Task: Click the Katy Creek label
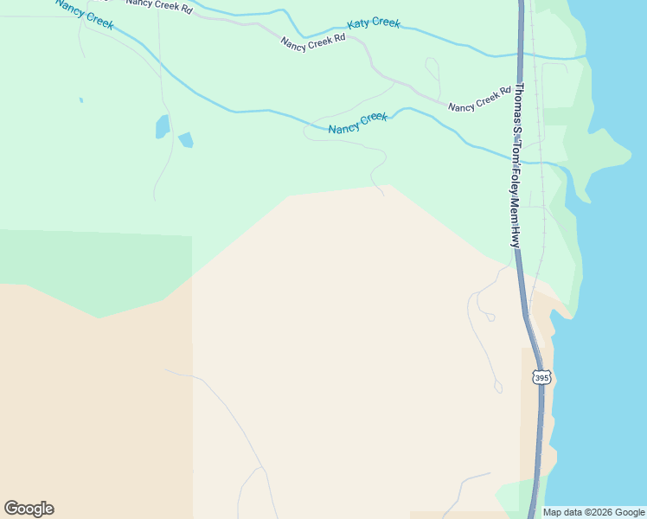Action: pos(374,23)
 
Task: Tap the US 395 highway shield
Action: pos(541,378)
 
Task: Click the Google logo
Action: pos(29,509)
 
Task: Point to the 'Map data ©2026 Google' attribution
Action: pos(593,512)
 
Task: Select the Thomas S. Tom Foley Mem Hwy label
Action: pos(516,165)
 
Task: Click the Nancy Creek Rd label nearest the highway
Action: pos(479,99)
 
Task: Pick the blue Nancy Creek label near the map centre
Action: pos(358,123)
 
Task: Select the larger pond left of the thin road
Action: pos(163,126)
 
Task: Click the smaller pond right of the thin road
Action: pos(186,139)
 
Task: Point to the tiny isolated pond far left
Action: pos(81,100)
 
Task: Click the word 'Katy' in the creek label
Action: pos(360,24)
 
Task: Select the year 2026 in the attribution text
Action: pos(597,512)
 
